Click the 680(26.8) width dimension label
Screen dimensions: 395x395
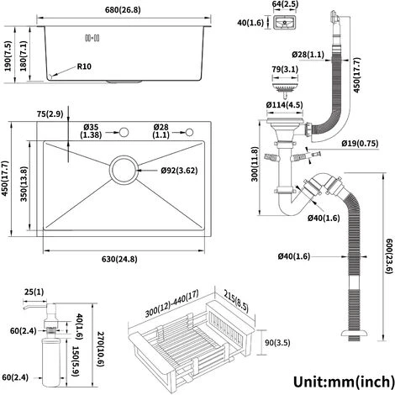click(x=123, y=10)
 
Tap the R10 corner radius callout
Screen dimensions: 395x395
click(x=84, y=66)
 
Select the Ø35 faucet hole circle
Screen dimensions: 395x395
click(x=124, y=132)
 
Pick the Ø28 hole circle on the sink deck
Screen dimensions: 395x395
click(x=190, y=132)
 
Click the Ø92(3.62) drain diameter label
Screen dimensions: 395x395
click(x=179, y=171)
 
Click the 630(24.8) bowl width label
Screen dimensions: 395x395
click(x=119, y=259)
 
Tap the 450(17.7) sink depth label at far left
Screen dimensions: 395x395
click(x=6, y=179)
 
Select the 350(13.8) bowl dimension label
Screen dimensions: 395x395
click(x=24, y=184)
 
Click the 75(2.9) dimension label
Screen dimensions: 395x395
click(x=50, y=114)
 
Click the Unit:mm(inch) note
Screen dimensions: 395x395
click(x=344, y=382)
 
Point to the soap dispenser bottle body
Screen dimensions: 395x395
click(x=51, y=362)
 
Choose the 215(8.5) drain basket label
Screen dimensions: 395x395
click(x=236, y=301)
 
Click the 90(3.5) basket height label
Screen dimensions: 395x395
click(x=277, y=343)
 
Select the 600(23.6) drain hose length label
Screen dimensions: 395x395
click(x=389, y=255)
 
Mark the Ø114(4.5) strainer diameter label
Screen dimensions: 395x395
click(x=284, y=105)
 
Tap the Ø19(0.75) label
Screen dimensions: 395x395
click(x=360, y=144)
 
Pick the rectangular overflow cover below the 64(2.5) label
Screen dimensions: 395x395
click(x=284, y=22)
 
